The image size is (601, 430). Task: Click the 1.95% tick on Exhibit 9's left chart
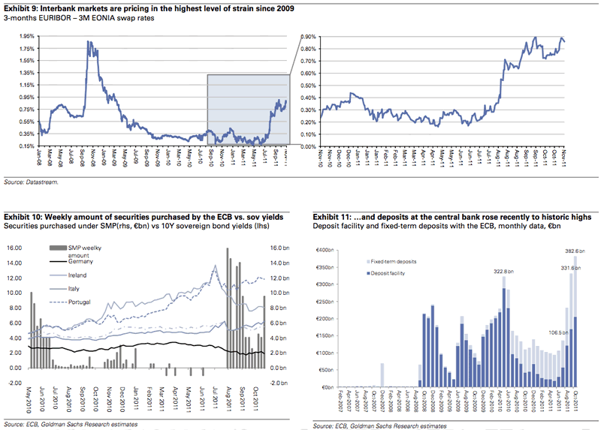[x=23, y=36]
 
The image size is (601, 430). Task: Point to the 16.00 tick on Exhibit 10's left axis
[x=15, y=248]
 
